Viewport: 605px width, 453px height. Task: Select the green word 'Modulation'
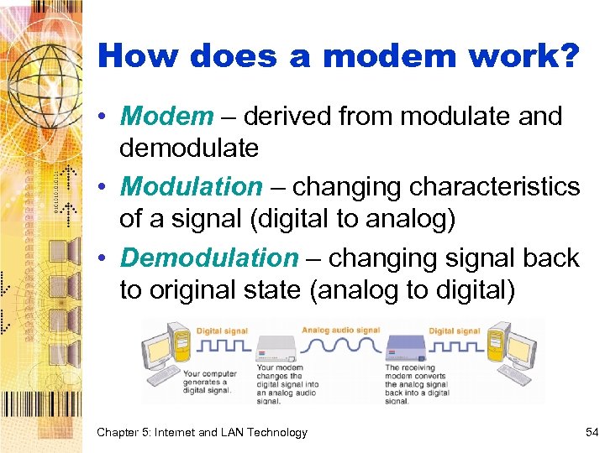[192, 186]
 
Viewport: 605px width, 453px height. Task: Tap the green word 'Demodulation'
[208, 258]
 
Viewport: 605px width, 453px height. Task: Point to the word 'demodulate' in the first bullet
[189, 148]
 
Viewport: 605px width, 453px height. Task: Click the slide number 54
[591, 432]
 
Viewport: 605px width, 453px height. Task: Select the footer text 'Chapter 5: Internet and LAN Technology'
[202, 433]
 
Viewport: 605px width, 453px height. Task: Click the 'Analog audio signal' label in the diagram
[340, 331]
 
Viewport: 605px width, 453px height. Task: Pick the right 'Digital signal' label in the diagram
[454, 331]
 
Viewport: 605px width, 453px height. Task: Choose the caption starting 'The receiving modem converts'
[418, 383]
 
